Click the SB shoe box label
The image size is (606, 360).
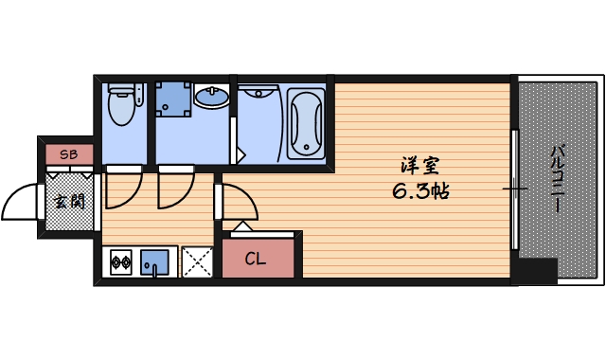click(68, 153)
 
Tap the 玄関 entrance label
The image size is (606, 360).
click(68, 201)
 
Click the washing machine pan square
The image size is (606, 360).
click(172, 99)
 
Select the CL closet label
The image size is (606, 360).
click(256, 258)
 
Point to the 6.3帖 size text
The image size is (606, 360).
click(420, 190)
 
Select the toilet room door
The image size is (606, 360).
click(121, 188)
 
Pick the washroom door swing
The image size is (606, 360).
click(174, 188)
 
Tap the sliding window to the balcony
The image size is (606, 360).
click(514, 189)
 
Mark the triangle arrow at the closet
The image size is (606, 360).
click(241, 226)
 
